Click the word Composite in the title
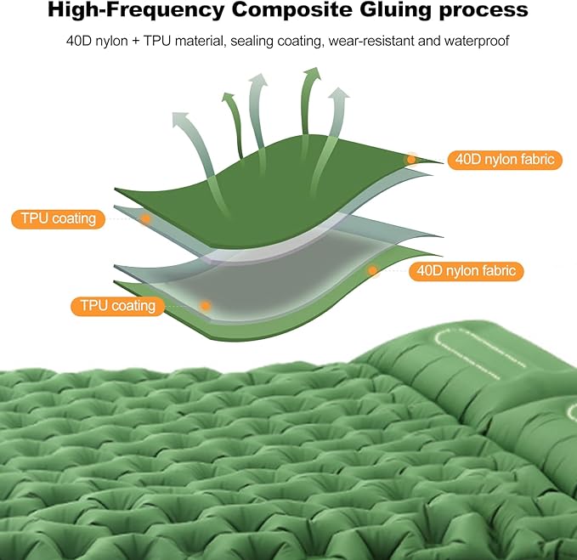click(276, 11)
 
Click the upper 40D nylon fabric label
click(505, 159)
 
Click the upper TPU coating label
click(59, 218)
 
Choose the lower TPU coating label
click(118, 305)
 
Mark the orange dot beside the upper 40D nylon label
click(412, 159)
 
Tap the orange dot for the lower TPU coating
click(205, 305)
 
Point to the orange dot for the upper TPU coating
click(145, 218)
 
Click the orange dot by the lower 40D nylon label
click(372, 271)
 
